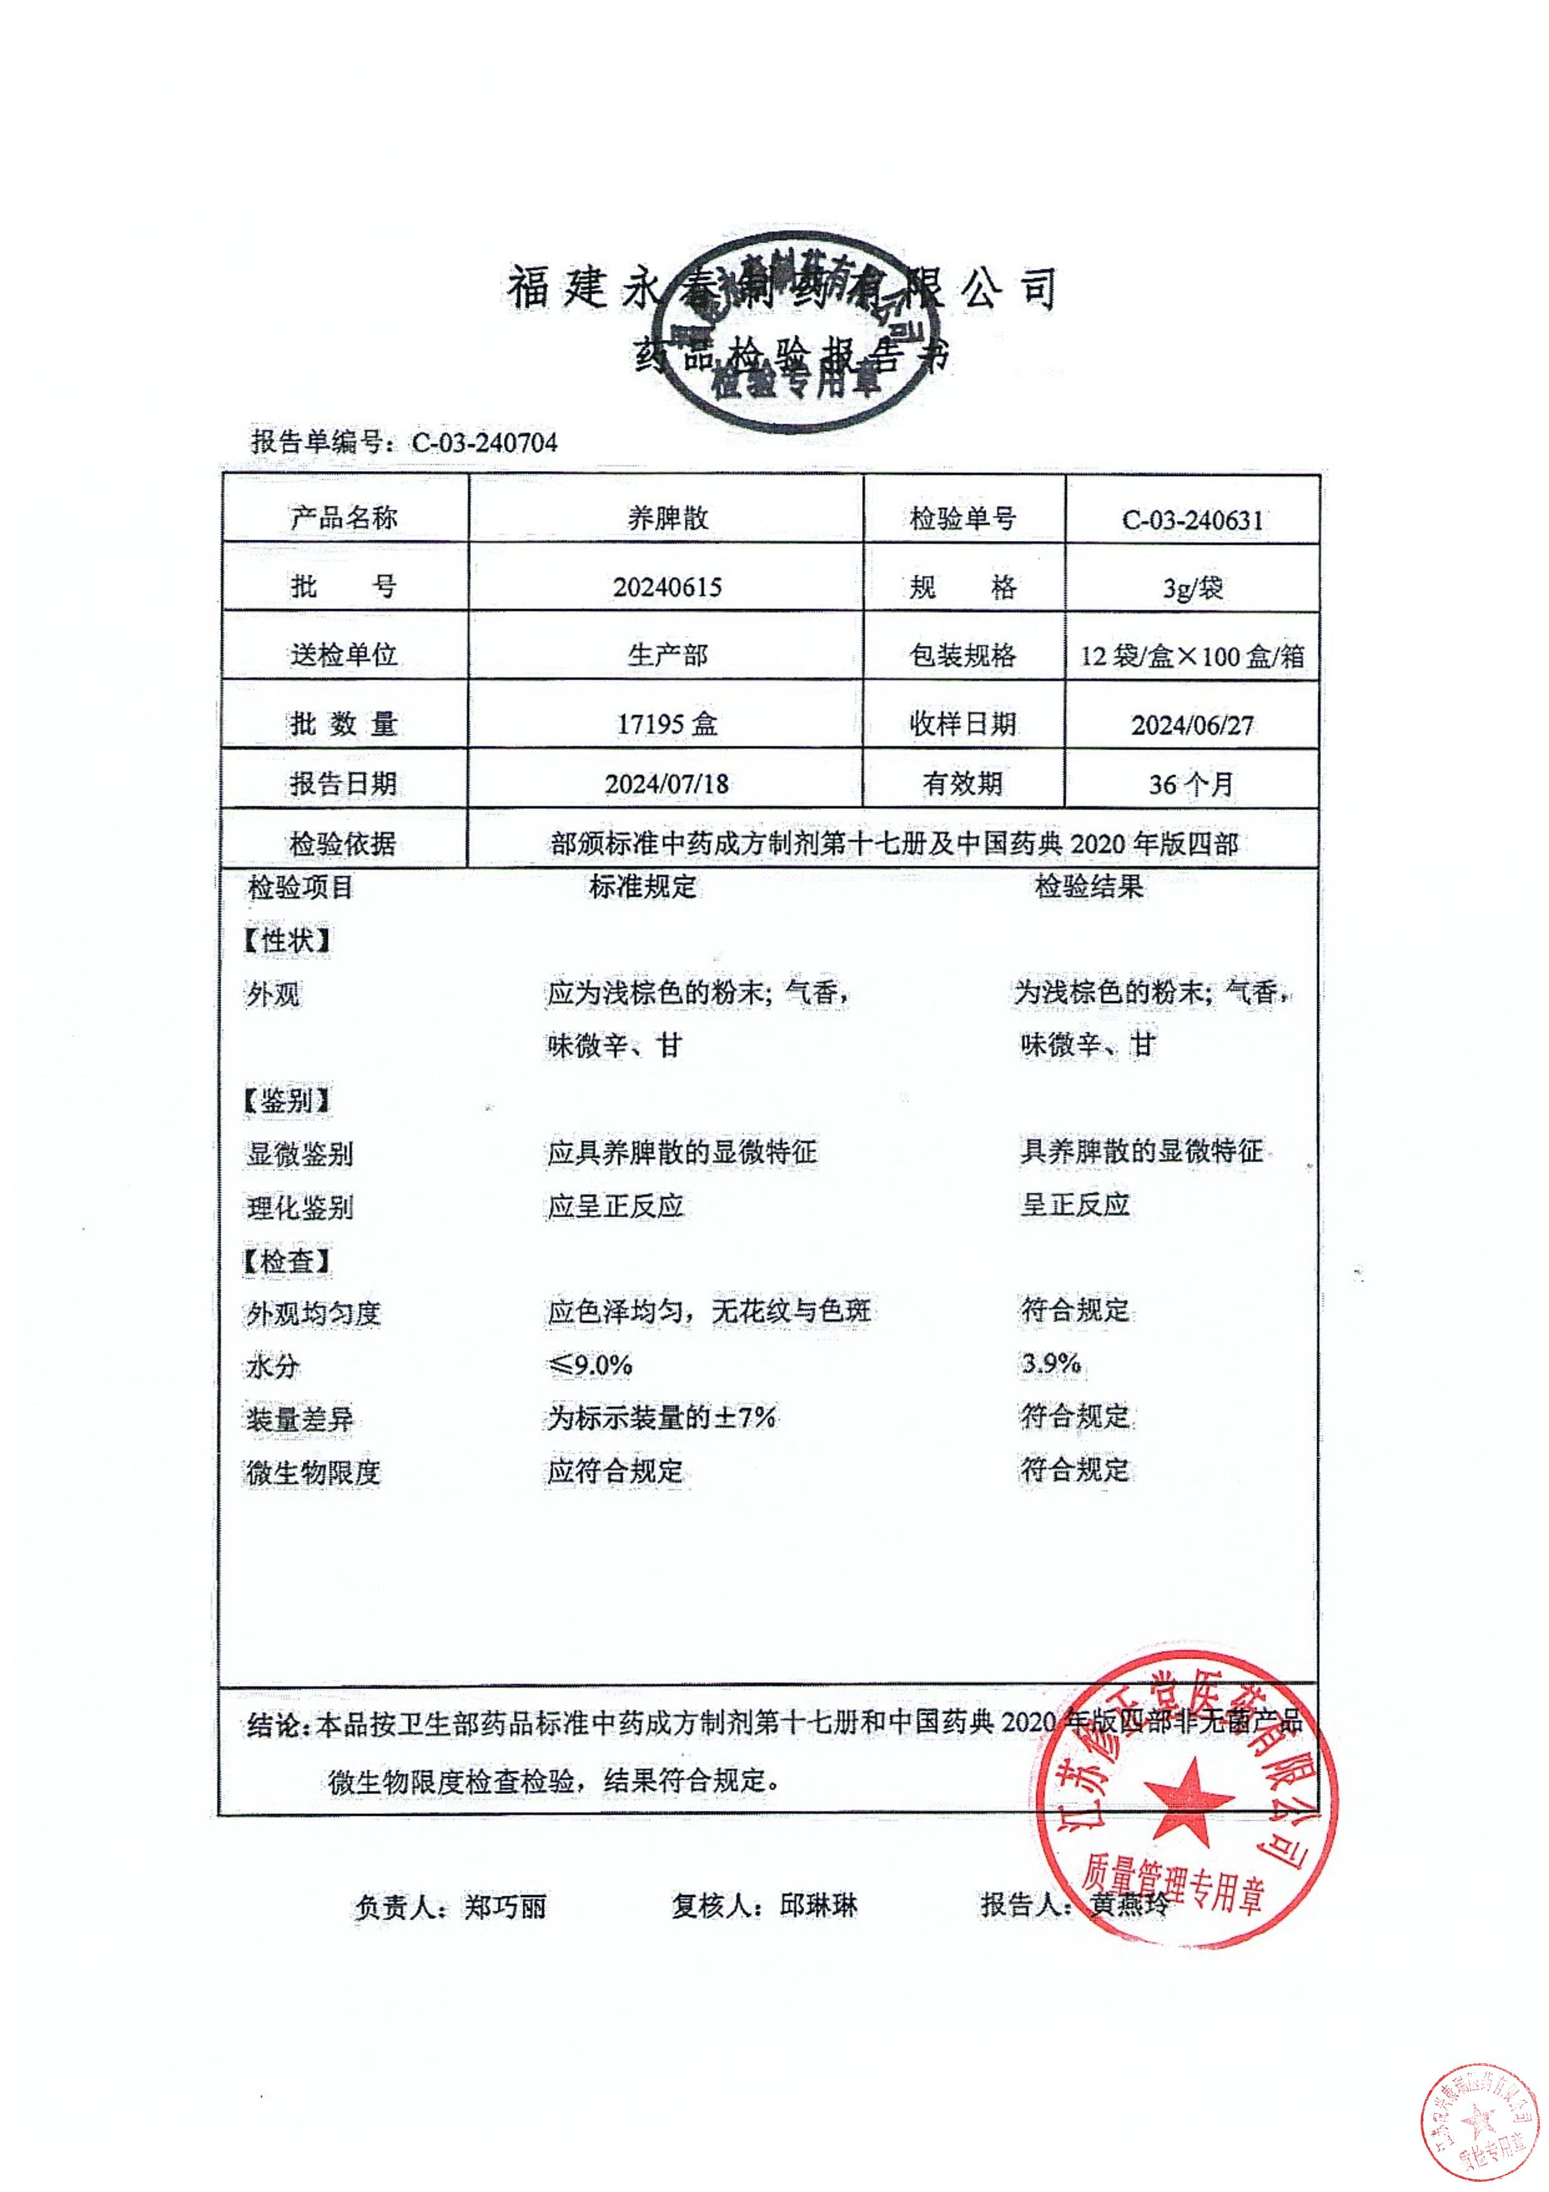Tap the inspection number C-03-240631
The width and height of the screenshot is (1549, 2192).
pos(1192,521)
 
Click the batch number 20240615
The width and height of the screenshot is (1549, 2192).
pos(667,587)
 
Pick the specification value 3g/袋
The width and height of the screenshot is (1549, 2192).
pos(1192,588)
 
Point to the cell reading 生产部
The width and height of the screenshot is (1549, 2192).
pos(667,655)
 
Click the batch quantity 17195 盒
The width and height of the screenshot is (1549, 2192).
pos(667,724)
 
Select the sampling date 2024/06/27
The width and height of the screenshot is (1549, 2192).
pos(1192,725)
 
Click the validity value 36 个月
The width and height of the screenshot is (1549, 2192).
pos(1192,785)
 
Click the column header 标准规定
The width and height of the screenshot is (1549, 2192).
pos(642,887)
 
